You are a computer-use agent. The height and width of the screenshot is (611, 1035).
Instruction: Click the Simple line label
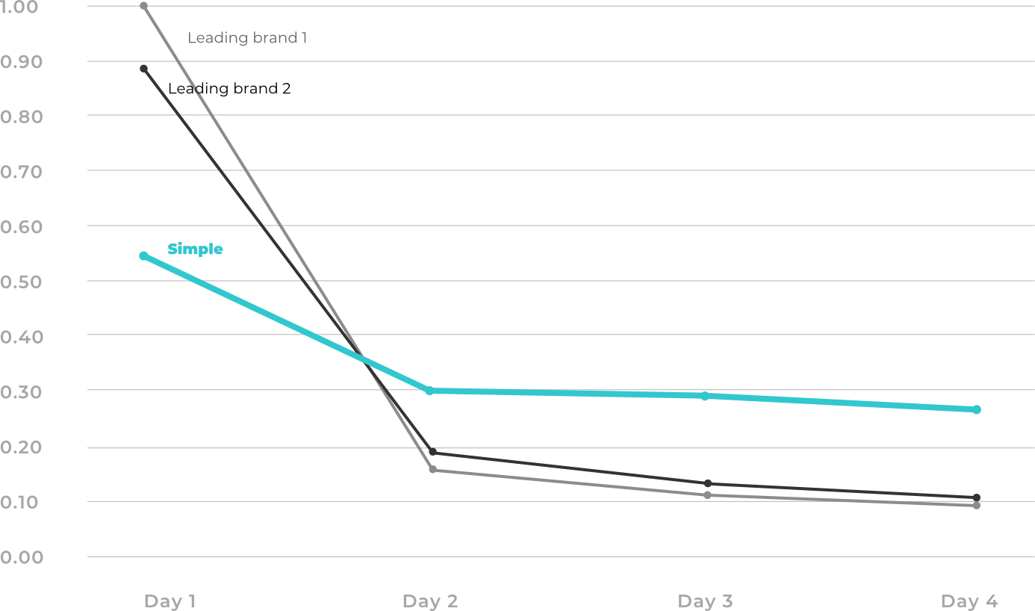(195, 249)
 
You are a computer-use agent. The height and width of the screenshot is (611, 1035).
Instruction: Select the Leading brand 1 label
(247, 38)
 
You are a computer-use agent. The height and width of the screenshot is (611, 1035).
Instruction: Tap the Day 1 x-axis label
(170, 601)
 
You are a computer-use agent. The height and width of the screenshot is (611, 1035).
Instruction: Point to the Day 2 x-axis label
(429, 601)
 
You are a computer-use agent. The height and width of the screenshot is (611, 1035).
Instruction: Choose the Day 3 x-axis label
(705, 601)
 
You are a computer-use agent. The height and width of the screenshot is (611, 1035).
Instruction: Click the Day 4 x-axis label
(969, 601)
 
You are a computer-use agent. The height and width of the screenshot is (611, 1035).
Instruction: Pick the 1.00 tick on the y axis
(19, 7)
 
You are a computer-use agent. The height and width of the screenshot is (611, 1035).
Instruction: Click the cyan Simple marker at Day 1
(144, 256)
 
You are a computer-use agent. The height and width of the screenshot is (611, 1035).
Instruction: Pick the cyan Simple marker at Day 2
(429, 391)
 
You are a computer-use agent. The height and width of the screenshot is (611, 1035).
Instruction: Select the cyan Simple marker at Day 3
(705, 396)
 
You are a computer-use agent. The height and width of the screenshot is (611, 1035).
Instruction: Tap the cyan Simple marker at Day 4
(976, 410)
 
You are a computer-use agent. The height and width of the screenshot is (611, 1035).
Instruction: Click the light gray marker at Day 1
(144, 6)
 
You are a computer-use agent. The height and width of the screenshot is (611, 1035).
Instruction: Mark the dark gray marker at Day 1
(144, 69)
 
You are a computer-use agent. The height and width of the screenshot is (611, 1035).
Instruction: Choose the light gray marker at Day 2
(432, 469)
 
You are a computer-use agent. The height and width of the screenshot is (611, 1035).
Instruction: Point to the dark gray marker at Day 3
(708, 483)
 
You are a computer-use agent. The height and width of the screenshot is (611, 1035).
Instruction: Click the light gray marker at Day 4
(976, 506)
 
